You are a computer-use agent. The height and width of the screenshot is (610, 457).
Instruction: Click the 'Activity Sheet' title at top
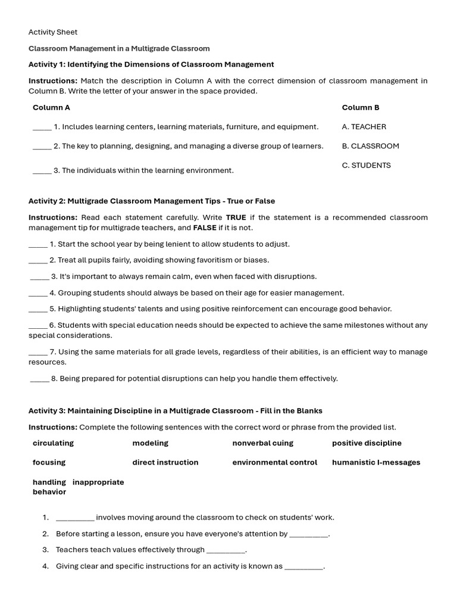point(53,32)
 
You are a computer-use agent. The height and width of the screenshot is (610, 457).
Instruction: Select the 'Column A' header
point(51,108)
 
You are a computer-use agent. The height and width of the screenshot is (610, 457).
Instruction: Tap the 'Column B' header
point(360,108)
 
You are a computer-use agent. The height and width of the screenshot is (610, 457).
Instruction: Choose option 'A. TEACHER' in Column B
point(364,127)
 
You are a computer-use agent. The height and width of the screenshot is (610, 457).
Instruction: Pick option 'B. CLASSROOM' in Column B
point(370,146)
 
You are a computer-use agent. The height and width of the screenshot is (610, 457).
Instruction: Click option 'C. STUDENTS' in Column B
point(366,166)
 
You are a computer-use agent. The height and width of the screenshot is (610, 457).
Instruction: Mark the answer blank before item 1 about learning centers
point(42,127)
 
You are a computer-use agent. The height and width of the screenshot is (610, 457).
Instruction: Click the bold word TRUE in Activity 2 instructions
point(236,217)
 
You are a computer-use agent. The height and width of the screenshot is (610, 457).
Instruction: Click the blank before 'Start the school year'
point(38,245)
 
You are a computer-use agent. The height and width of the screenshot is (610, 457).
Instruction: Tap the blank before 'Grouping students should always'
point(38,294)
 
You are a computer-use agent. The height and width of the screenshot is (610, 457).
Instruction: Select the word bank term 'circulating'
point(53,443)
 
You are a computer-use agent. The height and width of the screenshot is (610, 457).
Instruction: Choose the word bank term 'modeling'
point(150,443)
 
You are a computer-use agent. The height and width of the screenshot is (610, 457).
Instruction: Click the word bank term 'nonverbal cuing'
point(262,443)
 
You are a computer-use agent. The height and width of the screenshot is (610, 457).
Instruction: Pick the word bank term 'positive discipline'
point(367,443)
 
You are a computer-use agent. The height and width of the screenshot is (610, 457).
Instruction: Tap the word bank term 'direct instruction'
point(165,462)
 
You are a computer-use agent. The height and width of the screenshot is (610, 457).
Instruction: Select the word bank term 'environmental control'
point(274,462)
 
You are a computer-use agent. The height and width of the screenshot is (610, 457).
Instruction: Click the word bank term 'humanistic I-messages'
point(375,462)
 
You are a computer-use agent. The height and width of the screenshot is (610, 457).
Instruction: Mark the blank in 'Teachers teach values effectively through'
point(226,550)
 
